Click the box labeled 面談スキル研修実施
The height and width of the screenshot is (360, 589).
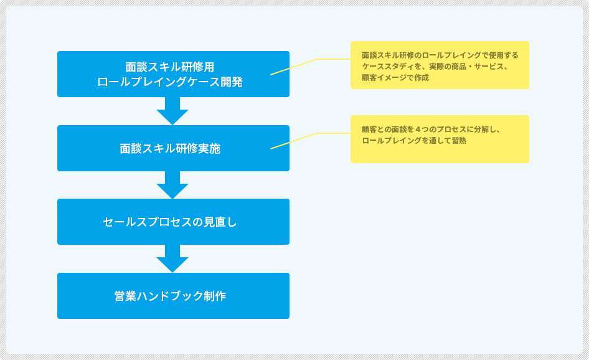173,148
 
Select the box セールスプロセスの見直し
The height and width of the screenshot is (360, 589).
173,222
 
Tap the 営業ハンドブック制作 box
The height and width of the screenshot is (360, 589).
173,296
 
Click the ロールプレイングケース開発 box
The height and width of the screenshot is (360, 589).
173,74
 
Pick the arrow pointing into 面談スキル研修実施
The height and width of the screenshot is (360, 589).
172,111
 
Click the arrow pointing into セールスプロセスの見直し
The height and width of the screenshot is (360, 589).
172,185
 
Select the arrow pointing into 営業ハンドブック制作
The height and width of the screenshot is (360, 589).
172,258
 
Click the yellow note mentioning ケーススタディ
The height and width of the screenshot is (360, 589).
440,65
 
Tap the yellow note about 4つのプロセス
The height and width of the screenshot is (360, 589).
440,139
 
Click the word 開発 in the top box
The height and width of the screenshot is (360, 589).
232,82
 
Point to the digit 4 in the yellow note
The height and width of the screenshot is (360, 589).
418,130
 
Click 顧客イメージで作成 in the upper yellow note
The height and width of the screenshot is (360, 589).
395,77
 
